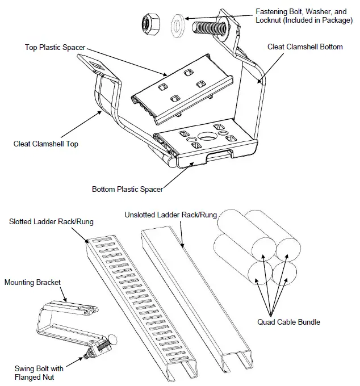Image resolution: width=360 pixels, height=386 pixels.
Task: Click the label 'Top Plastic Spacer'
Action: pyautogui.click(x=56, y=47)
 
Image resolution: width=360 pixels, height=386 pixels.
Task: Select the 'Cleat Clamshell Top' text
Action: pyautogui.click(x=46, y=144)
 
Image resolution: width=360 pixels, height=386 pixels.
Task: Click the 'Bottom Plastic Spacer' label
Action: pyautogui.click(x=127, y=189)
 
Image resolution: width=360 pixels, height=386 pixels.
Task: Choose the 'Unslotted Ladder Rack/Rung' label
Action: pyautogui.click(x=170, y=215)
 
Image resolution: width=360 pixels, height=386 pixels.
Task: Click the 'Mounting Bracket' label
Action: pyautogui.click(x=32, y=282)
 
